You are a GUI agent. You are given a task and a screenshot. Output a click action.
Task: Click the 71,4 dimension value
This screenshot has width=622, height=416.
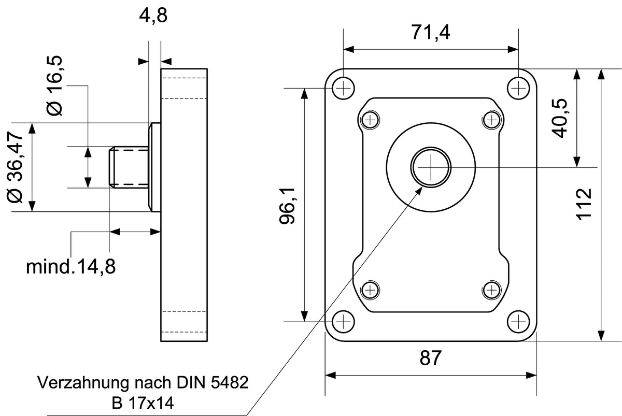430,33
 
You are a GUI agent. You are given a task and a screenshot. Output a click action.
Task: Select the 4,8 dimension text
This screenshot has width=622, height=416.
153,16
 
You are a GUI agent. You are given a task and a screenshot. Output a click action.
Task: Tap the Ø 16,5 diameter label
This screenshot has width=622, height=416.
55,86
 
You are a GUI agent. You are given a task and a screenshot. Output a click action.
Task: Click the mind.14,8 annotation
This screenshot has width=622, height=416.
70,267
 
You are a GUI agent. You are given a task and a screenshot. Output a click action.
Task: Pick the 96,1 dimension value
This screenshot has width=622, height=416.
287,206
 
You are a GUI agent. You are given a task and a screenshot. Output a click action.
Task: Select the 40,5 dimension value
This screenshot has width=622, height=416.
559,118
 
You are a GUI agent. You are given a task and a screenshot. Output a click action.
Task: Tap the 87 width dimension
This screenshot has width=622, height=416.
430,358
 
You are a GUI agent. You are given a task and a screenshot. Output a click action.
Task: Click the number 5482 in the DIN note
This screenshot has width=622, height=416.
230,382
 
